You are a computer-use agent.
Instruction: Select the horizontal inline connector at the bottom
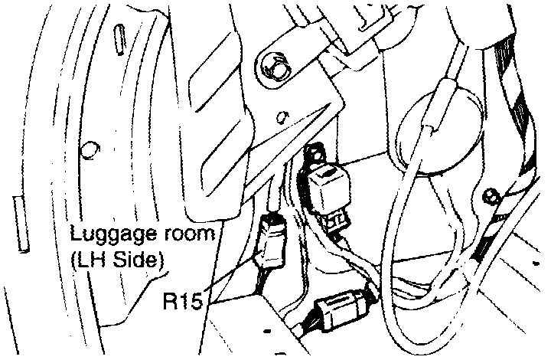point(343,310)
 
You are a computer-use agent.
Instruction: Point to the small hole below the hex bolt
point(282,117)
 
